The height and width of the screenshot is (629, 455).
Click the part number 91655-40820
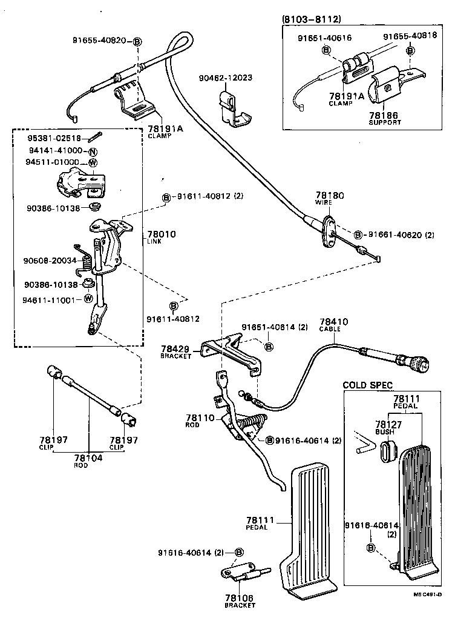pos(99,41)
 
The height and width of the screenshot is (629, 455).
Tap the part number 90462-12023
pos(226,78)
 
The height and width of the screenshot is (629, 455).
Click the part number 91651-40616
pos(324,38)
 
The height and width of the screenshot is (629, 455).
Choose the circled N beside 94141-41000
pos(93,151)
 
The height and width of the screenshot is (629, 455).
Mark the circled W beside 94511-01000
pos(93,162)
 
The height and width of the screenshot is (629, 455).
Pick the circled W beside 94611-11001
pos(88,299)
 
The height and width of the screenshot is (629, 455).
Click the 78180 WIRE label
pos(329,199)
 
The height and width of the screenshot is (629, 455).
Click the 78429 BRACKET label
pos(175,352)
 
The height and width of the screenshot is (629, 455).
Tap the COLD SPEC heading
pos(367,385)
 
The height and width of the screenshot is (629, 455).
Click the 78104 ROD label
pos(88,461)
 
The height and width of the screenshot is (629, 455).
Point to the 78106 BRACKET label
pos(240,601)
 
